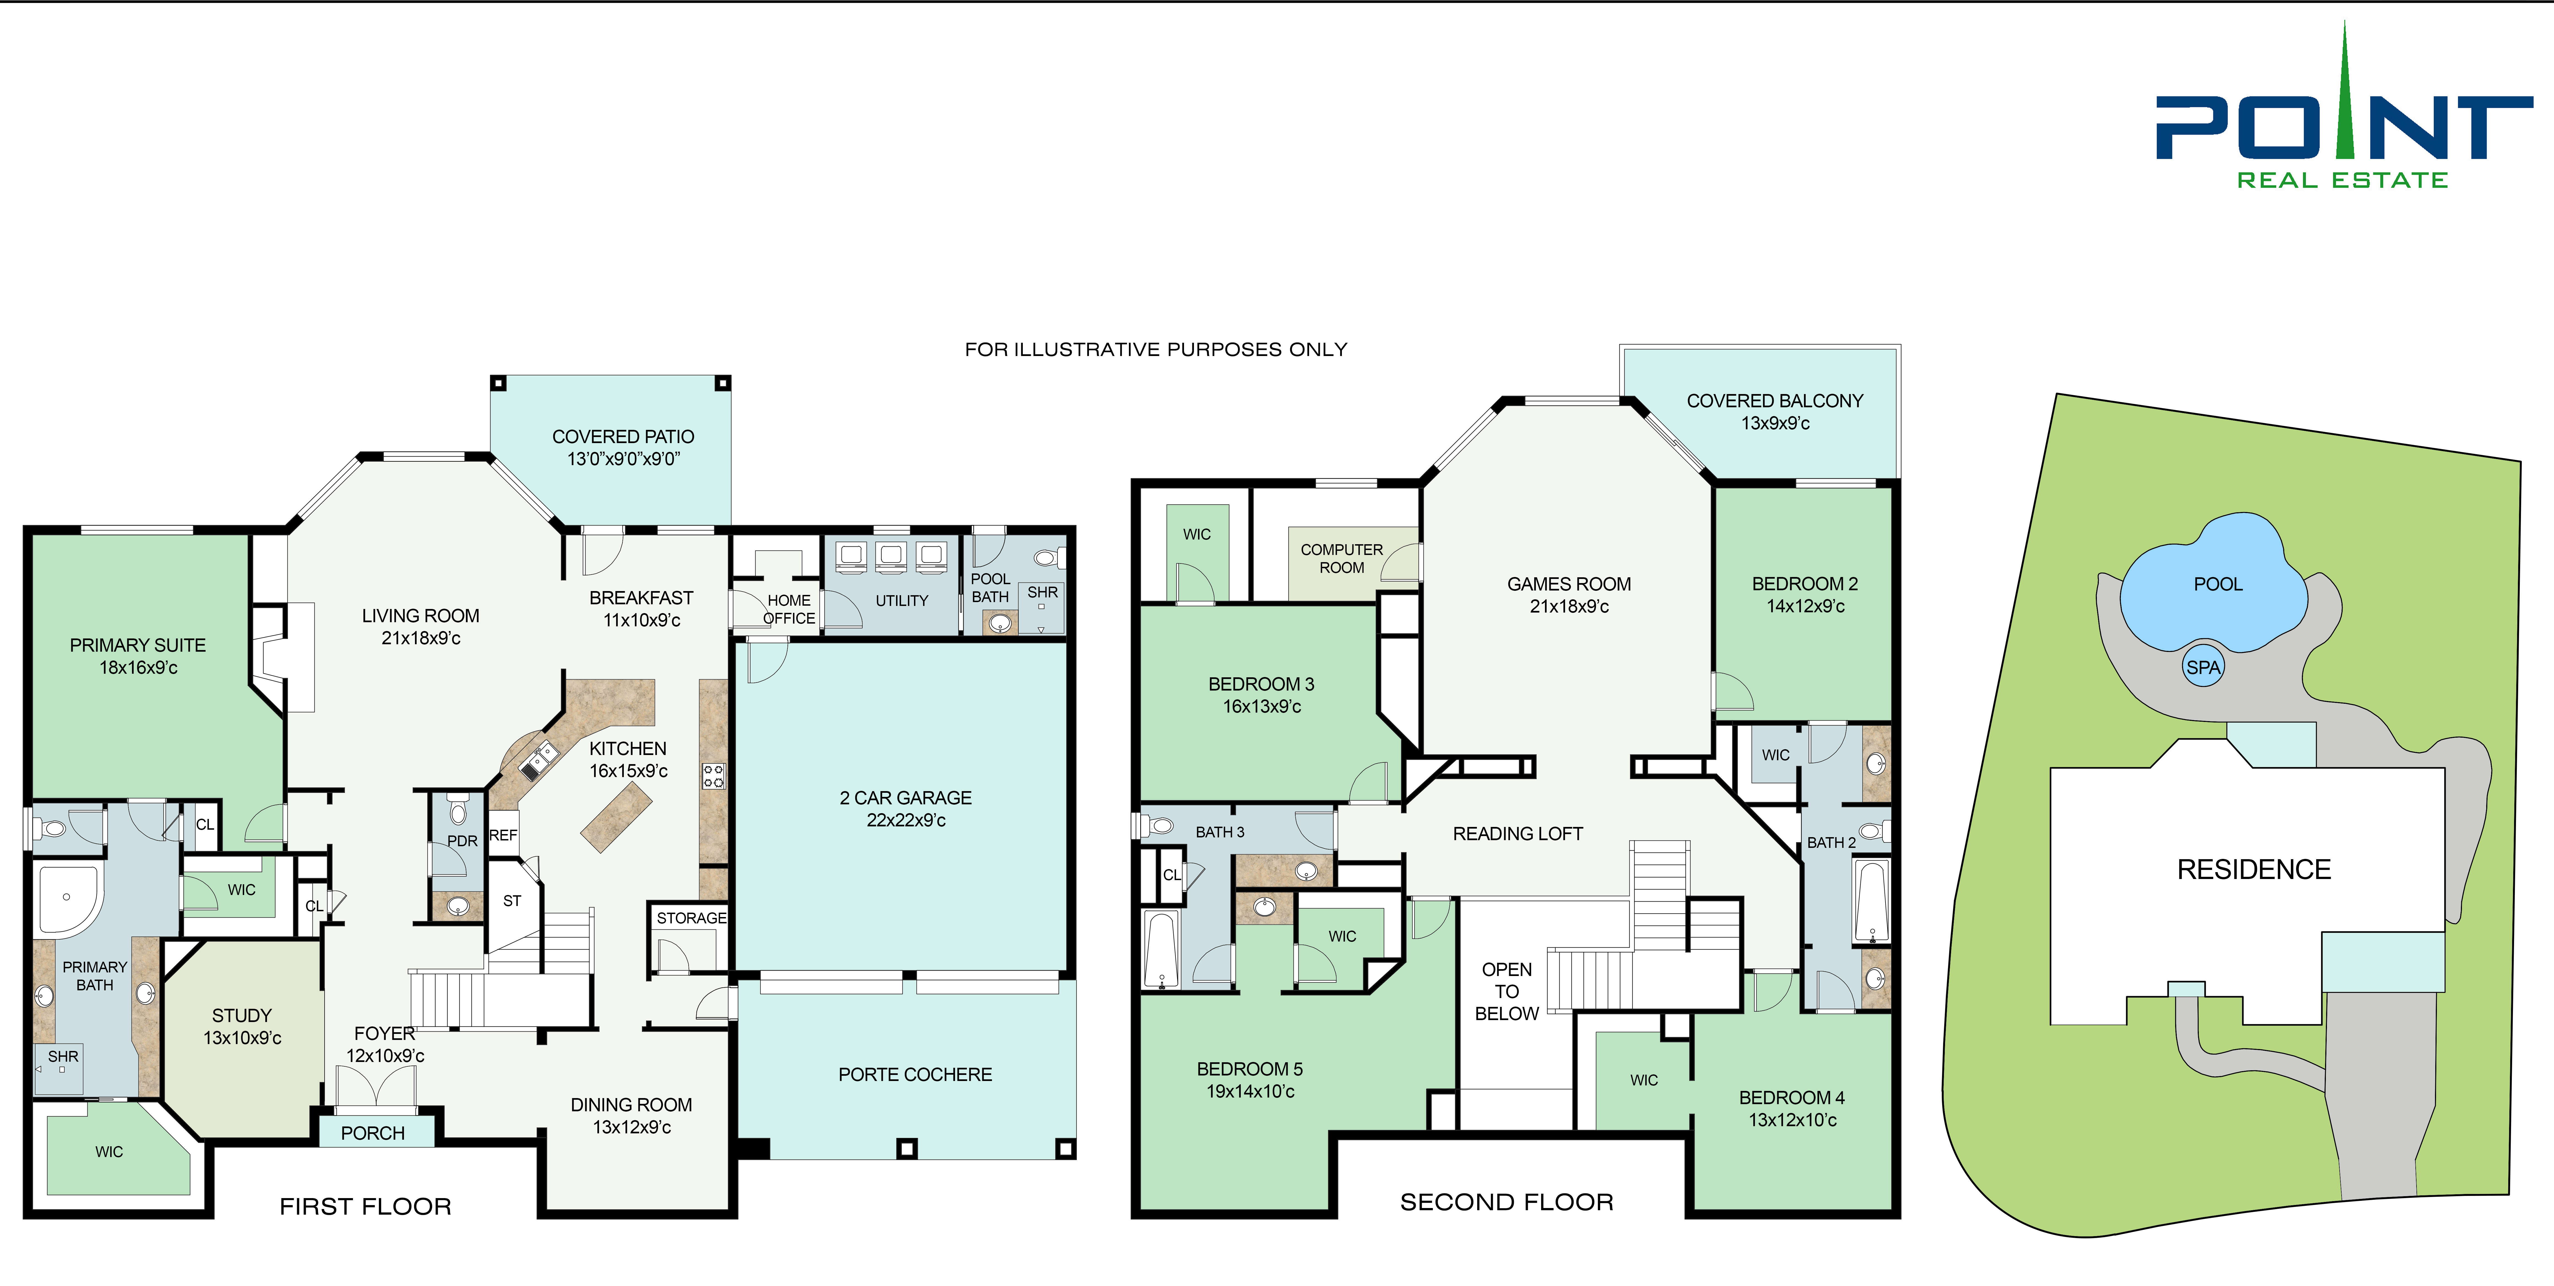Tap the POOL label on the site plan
click(2218, 584)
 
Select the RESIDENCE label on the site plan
click(2254, 870)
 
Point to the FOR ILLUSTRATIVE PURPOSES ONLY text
click(1156, 349)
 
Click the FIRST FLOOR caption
click(366, 1206)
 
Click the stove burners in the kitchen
click(713, 775)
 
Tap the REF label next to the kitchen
click(503, 835)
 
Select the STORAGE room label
click(691, 918)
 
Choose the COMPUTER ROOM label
click(1341, 558)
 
